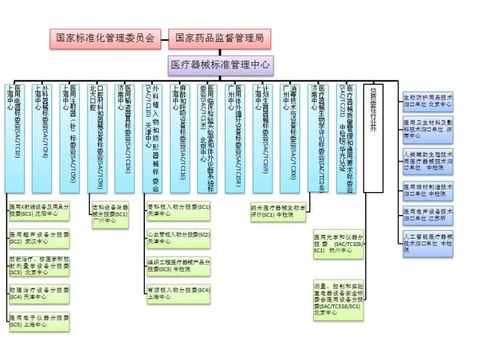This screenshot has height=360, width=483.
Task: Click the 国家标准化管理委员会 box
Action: [x=105, y=38]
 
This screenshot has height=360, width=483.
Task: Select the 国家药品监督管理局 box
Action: [x=220, y=38]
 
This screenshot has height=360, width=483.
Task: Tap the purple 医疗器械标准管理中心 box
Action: [x=220, y=64]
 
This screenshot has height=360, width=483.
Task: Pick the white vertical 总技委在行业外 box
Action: [x=373, y=138]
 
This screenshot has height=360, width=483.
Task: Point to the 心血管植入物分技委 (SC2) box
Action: [x=179, y=237]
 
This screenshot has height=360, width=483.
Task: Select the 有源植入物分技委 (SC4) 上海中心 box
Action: [x=179, y=294]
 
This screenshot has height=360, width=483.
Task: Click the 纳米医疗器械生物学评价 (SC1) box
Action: [x=280, y=211]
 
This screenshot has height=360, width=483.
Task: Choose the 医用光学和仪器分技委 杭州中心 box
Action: [x=339, y=244]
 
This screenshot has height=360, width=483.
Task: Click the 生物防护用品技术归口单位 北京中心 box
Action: [x=427, y=101]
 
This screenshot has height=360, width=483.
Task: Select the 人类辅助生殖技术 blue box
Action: [x=427, y=161]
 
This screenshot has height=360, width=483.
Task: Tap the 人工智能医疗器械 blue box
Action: [x=427, y=242]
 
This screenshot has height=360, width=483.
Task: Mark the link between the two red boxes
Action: [x=164, y=38]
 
